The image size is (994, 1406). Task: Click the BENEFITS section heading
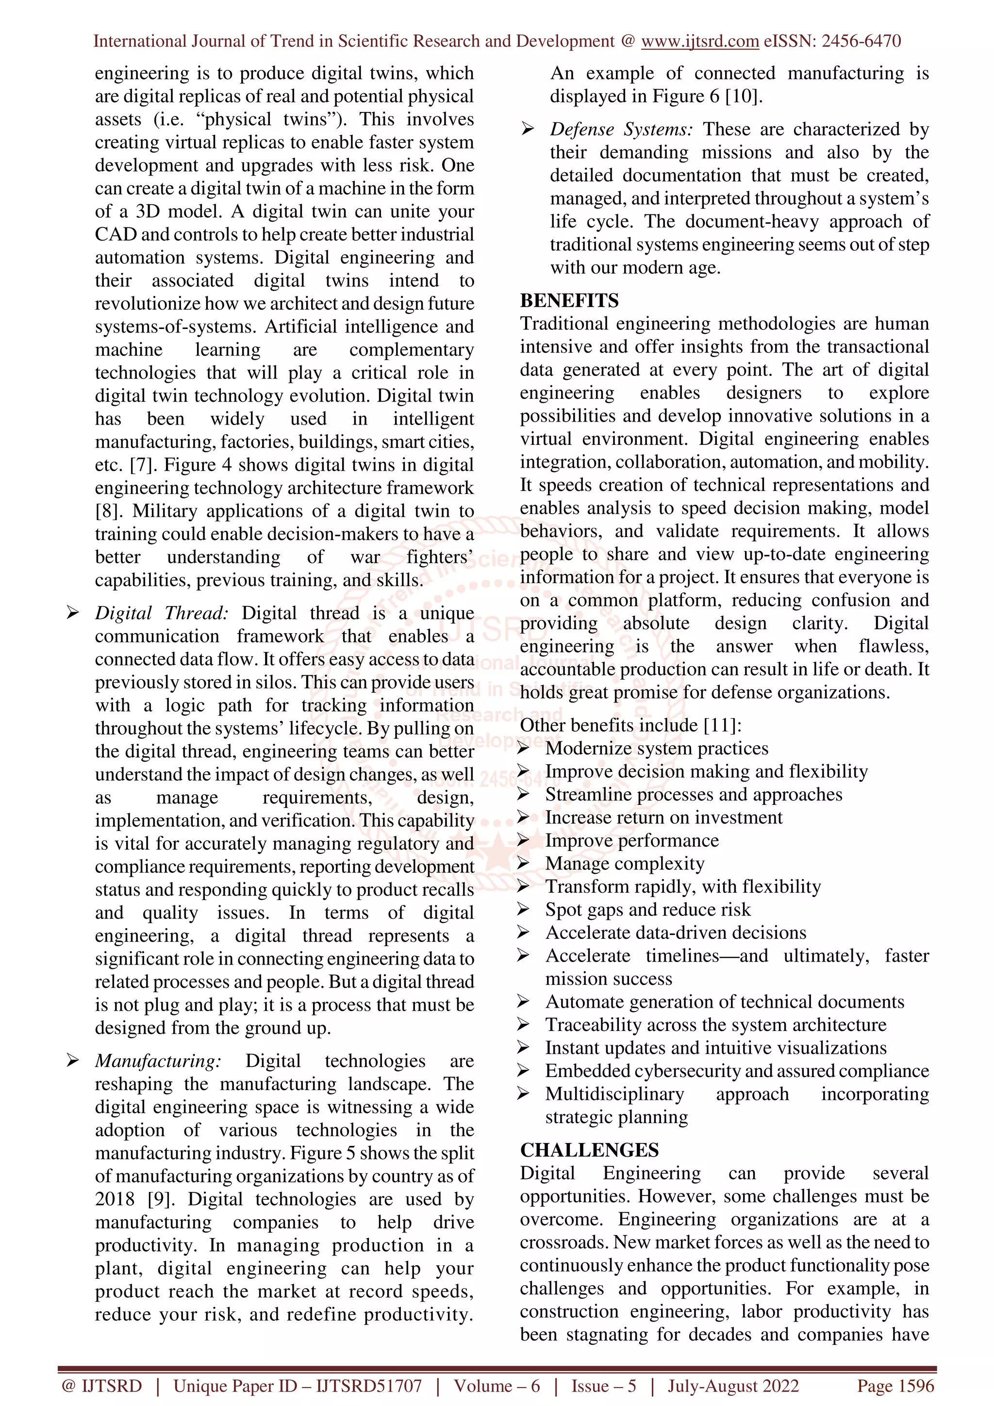pos(569,301)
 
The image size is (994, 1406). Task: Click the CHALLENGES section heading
pos(589,1150)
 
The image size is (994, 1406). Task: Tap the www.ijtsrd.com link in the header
pos(700,41)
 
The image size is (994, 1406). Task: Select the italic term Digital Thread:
pos(162,613)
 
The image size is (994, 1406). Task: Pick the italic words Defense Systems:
pos(621,129)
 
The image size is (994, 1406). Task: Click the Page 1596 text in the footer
pos(895,1386)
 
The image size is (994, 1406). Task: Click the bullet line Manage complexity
pos(625,864)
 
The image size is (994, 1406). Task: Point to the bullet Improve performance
pos(632,840)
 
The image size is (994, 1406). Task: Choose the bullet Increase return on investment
pos(664,817)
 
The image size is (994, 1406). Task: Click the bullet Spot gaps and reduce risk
pos(647,909)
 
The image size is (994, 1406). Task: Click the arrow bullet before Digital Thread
pos(72,613)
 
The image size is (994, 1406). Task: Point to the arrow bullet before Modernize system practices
pos(523,748)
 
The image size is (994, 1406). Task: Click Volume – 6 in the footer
pos(497,1386)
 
